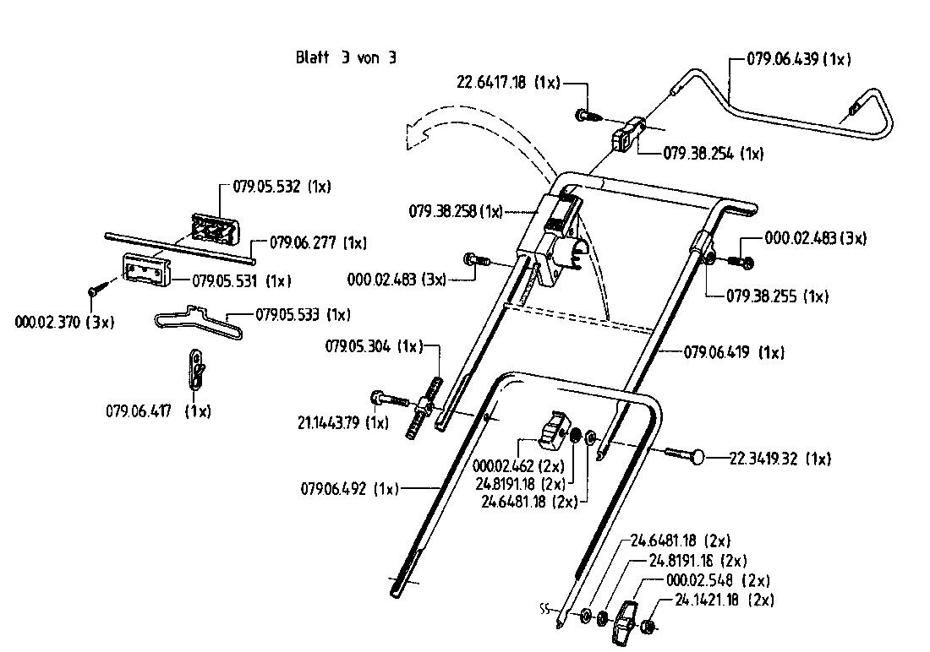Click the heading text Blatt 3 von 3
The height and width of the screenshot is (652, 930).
[x=345, y=58]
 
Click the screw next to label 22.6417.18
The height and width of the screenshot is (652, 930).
[x=586, y=114]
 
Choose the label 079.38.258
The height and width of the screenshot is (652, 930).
[x=456, y=212]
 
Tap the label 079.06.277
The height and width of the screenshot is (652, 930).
[x=317, y=242]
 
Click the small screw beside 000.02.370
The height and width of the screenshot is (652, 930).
[x=94, y=290]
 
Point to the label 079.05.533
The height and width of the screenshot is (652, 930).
[x=303, y=314]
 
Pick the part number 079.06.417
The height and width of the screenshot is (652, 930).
[x=158, y=411]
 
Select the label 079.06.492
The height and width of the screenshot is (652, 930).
[x=349, y=488]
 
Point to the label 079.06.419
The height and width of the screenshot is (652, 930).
[x=733, y=352]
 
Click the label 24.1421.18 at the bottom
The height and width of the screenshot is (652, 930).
[x=724, y=600]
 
